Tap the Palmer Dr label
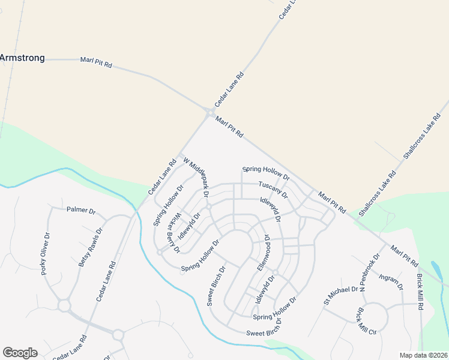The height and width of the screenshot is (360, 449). (x=81, y=211)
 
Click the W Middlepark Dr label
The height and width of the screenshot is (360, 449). (x=196, y=178)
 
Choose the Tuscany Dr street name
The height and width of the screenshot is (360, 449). (x=273, y=190)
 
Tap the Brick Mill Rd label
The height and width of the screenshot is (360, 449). (x=421, y=291)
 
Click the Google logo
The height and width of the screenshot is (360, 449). (x=20, y=353)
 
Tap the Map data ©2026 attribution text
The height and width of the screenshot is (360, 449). (x=423, y=355)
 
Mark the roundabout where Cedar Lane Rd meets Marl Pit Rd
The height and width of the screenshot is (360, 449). (x=210, y=113)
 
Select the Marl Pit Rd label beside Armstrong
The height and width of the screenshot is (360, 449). (x=96, y=62)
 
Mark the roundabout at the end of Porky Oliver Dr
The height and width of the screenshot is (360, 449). (x=64, y=306)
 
